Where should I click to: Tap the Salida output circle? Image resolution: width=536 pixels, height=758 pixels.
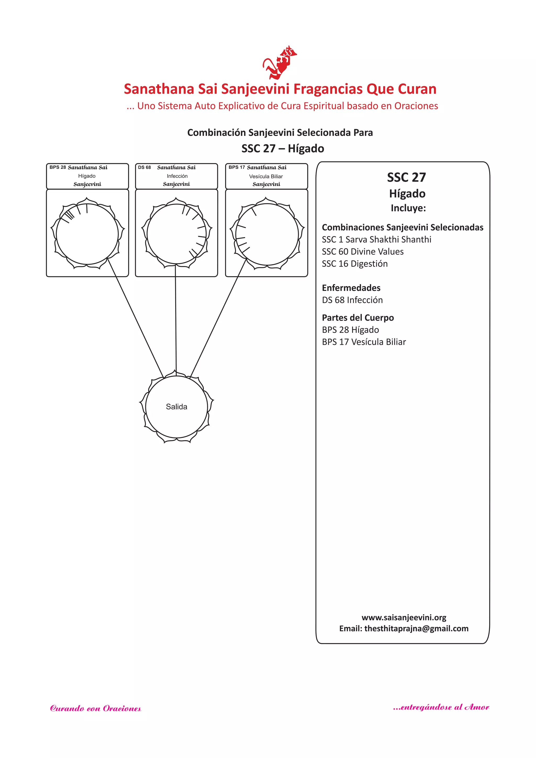pyautogui.click(x=177, y=407)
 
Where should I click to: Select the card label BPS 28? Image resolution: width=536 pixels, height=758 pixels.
pyautogui.click(x=58, y=167)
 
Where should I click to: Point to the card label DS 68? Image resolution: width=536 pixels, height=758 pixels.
pyautogui.click(x=144, y=167)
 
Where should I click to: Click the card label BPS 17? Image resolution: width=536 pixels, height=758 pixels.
pyautogui.click(x=237, y=167)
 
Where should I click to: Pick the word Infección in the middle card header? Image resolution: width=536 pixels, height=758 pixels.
pyautogui.click(x=177, y=176)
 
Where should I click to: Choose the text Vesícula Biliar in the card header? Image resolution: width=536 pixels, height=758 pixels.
pyautogui.click(x=266, y=176)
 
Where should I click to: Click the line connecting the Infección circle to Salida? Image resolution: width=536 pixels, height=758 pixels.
pyautogui.click(x=176, y=317)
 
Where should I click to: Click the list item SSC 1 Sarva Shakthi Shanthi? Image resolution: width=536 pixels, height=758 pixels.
pyautogui.click(x=376, y=239)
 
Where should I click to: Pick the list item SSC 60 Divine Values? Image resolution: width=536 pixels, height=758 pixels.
pyautogui.click(x=362, y=252)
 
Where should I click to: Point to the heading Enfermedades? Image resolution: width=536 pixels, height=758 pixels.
pyautogui.click(x=351, y=288)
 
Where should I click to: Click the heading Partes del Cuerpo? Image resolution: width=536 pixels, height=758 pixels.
pyautogui.click(x=358, y=318)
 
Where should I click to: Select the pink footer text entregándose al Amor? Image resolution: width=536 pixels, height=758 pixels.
pyautogui.click(x=441, y=707)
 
